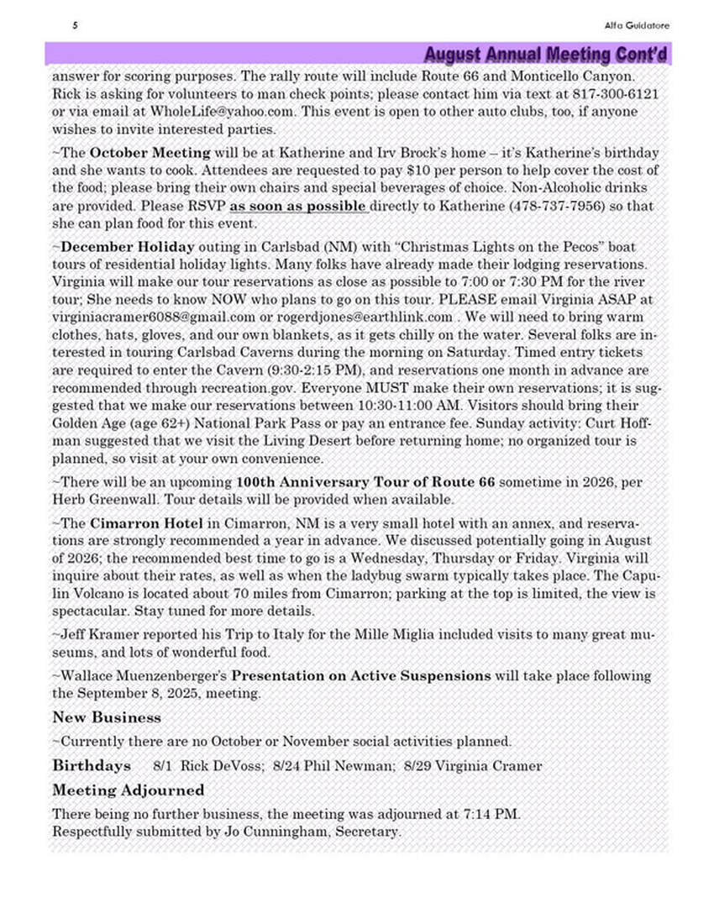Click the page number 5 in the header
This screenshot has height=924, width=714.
[x=76, y=25]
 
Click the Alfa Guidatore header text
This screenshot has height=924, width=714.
[x=636, y=25]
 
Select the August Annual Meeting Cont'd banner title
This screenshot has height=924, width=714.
[x=546, y=55]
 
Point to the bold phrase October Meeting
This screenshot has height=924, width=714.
[x=150, y=153]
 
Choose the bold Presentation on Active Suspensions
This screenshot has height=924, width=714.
[x=361, y=675]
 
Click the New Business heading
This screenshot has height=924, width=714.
[x=107, y=717]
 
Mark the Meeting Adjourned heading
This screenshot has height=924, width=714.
[x=128, y=790]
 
